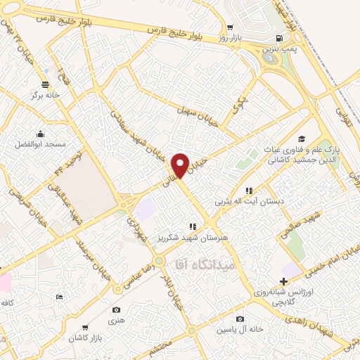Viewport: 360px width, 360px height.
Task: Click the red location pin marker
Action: point(181,165)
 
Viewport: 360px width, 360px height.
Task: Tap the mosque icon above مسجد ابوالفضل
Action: point(41,133)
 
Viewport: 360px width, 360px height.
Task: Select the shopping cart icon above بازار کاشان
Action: point(85,328)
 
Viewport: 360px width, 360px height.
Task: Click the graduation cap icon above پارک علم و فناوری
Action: point(301,139)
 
